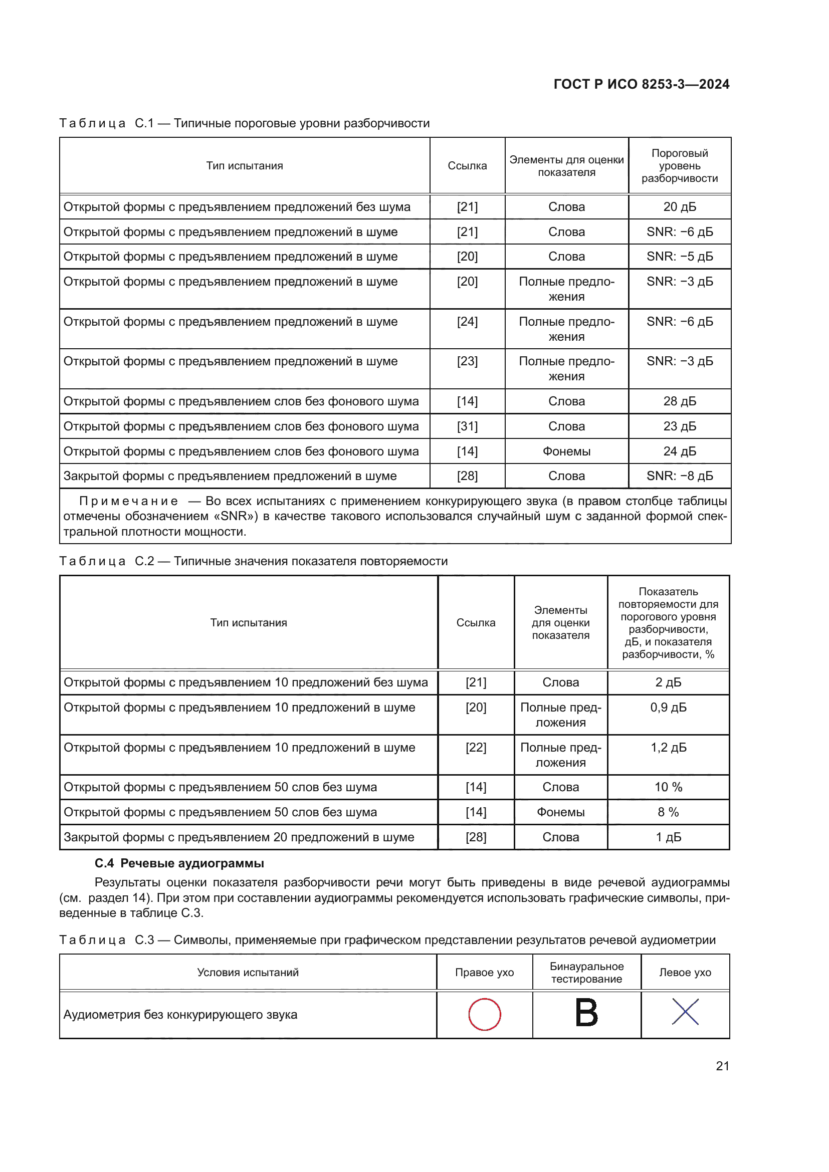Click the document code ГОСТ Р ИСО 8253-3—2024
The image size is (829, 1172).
(x=641, y=84)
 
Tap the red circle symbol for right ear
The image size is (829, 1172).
(x=485, y=1014)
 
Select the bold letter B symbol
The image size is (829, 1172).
(x=586, y=1013)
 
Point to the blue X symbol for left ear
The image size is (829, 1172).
(x=685, y=1012)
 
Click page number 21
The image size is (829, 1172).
(x=722, y=1066)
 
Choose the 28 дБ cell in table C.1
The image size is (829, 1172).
(x=680, y=401)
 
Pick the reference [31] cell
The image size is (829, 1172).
(x=467, y=426)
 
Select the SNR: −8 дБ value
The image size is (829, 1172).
(x=680, y=476)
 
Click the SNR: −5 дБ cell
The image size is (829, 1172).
(x=680, y=256)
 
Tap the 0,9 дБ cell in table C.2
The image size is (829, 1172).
(x=668, y=708)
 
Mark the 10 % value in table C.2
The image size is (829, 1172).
(x=668, y=787)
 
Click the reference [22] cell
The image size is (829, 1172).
(x=476, y=747)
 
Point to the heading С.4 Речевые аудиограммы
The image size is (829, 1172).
(x=179, y=863)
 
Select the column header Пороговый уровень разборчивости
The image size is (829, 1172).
(x=680, y=166)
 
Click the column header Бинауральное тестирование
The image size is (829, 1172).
(x=586, y=973)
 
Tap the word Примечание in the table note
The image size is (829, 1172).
(x=129, y=501)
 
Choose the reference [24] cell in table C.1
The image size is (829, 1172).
(x=467, y=322)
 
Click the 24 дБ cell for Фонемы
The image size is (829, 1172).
(x=680, y=451)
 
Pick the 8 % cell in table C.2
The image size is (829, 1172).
(x=668, y=812)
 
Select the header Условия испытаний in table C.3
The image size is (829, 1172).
(x=248, y=973)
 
